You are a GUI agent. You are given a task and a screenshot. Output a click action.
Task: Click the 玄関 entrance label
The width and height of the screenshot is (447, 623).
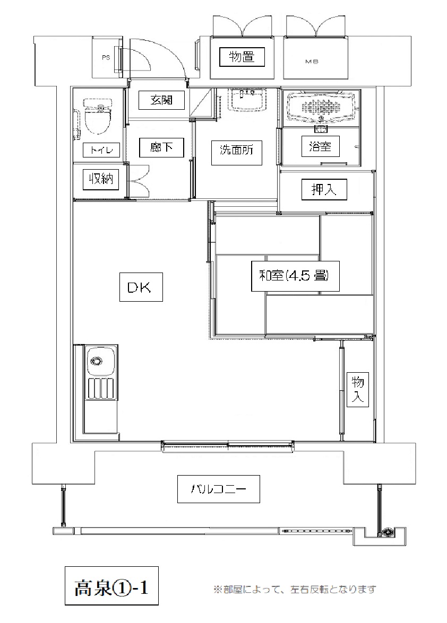[161, 100]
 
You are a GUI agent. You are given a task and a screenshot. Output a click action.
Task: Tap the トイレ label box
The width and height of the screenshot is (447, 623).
[102, 150]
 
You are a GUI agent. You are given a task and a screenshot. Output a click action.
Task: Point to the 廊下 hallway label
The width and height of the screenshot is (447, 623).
[161, 147]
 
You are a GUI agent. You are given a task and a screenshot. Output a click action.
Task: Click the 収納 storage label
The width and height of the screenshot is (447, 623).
[101, 180]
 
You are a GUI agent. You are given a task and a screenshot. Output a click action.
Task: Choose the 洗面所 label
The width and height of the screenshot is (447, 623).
[236, 150]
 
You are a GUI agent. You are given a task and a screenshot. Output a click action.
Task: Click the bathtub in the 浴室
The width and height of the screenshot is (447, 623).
[321, 107]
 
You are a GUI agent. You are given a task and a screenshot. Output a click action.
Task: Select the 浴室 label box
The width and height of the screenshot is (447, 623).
[320, 146]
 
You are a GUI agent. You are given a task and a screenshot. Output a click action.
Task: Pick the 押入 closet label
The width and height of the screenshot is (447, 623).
[324, 189]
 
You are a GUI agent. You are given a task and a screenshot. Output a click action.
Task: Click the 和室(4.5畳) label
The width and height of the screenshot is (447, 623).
[295, 276]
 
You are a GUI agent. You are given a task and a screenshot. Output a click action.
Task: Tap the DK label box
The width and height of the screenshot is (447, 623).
[141, 287]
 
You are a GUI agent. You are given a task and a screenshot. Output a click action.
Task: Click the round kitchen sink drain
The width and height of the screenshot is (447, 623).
[96, 361]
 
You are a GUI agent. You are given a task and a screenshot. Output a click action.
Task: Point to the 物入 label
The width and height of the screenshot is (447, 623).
[357, 389]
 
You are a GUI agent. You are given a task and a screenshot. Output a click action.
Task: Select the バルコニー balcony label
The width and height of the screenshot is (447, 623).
[218, 489]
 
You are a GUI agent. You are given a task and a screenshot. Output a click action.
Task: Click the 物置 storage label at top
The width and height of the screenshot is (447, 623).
[242, 57]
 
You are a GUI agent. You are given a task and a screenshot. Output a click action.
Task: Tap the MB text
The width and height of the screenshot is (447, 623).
[312, 62]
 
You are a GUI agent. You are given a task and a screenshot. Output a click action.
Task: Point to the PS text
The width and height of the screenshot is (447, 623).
[106, 58]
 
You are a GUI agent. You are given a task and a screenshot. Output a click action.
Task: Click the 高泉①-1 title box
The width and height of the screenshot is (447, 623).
[111, 586]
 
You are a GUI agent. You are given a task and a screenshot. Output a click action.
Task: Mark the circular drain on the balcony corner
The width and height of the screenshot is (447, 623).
[386, 533]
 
